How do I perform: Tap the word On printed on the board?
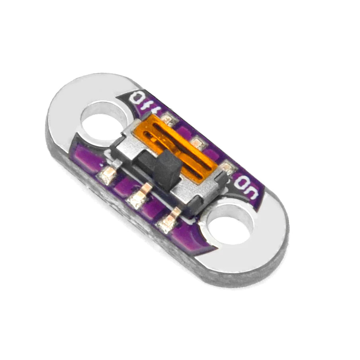point(246,187)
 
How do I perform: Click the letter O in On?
point(241,183)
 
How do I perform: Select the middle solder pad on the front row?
point(138,198)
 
